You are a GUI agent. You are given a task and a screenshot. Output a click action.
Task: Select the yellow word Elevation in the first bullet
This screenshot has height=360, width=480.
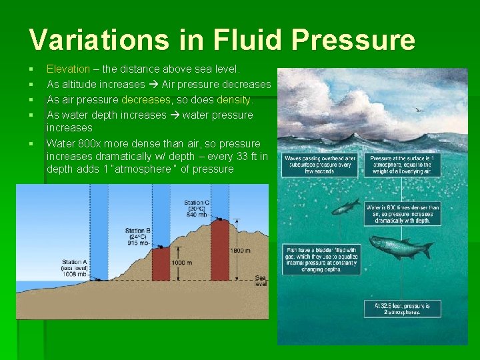pos(68,69)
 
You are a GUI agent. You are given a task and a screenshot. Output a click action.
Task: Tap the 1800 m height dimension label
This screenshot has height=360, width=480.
pos(241,250)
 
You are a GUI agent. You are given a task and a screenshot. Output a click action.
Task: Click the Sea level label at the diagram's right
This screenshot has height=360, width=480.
pos(261,280)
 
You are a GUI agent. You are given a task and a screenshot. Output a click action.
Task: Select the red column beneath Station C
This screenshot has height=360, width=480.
pos(219,250)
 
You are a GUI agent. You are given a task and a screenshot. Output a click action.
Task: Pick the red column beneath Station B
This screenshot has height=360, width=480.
pos(161,263)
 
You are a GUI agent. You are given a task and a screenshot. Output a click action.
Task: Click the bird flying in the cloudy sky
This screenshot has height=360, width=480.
pos(418,109)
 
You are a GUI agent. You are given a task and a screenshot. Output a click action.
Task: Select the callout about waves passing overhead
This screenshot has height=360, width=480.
pos(311,165)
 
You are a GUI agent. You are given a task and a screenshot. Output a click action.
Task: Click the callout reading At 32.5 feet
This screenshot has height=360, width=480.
pos(402,309)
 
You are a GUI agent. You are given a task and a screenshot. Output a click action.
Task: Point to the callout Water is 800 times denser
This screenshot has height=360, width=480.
pos(402,214)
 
